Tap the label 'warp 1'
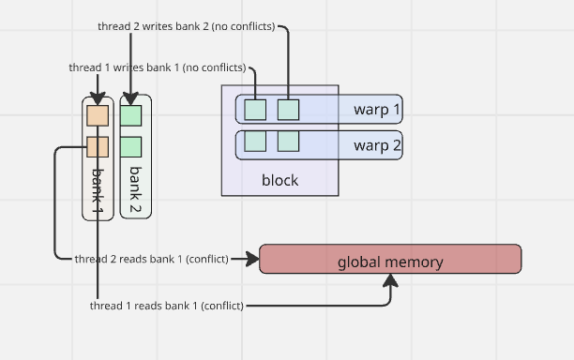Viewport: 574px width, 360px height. (377, 110)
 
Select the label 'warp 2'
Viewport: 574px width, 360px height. (377, 145)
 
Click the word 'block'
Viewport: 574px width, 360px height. (279, 179)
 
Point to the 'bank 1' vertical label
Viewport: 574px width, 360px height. (98, 187)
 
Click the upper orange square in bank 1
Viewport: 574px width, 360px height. (98, 115)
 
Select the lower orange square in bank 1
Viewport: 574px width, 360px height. (98, 146)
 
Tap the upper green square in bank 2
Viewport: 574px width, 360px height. (131, 115)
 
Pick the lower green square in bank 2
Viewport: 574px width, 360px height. (131, 146)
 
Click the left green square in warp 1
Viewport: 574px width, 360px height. (255, 110)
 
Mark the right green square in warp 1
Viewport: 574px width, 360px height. (288, 110)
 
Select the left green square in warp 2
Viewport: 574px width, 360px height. (255, 142)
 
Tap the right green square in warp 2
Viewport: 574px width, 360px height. (288, 142)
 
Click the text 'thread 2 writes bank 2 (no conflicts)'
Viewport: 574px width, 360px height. (187, 26)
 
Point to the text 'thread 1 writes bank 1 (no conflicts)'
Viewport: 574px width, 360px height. (158, 67)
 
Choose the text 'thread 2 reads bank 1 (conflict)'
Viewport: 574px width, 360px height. (151, 259)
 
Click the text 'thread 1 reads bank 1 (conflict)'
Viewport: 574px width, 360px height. (167, 306)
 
